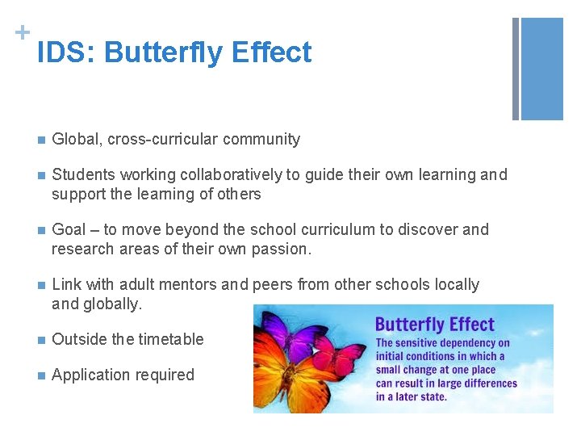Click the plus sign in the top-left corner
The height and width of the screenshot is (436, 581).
[x=20, y=31]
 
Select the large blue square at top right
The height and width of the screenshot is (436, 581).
[x=542, y=69]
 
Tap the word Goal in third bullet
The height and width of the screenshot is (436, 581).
[x=69, y=229]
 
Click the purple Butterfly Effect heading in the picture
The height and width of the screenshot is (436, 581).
[x=434, y=325]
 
